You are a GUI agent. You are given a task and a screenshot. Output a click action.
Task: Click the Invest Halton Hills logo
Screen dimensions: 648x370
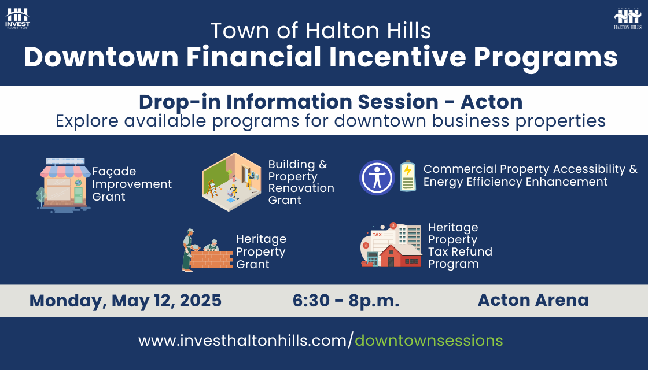point(17,18)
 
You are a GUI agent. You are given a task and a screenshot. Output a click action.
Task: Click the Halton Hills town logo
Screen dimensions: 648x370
point(628,18)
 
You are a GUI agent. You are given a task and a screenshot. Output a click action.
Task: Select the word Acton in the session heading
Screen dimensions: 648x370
point(491,102)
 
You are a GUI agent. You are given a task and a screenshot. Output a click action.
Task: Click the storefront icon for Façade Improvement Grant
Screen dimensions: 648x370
point(64,184)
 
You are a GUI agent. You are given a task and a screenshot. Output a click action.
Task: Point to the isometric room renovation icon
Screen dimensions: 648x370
point(232,182)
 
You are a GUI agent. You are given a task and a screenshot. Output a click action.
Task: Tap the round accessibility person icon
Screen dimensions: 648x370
point(377,177)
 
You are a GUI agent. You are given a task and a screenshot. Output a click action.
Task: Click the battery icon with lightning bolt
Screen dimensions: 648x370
point(408,176)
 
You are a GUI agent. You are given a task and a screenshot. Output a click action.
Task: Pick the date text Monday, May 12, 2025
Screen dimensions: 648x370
point(126,301)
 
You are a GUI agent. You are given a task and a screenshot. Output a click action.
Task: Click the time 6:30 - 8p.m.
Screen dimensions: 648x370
point(346,301)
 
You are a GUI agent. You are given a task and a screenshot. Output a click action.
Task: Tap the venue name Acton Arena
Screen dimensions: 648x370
point(533,300)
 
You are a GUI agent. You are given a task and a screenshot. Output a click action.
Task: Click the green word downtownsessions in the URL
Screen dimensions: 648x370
point(429,341)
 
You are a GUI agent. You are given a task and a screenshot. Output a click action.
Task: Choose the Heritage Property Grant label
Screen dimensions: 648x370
point(261,251)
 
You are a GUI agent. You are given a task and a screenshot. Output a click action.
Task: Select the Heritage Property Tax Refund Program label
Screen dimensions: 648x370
point(460,246)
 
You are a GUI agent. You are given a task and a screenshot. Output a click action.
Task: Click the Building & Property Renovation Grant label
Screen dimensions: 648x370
point(301,182)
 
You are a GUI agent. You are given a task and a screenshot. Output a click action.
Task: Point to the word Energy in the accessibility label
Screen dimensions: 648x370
point(443,182)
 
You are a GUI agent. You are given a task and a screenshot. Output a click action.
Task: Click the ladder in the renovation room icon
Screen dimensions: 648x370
point(213,188)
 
